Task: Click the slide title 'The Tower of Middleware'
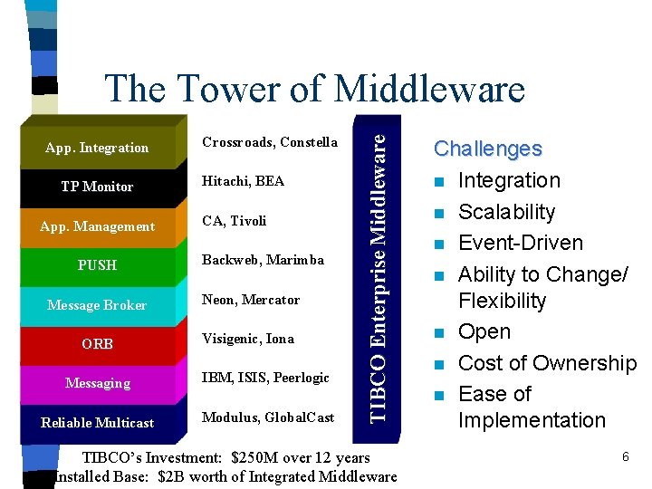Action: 314,89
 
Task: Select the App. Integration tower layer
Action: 98,148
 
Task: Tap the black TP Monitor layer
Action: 97,187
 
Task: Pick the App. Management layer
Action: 98,226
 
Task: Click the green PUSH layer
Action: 98,265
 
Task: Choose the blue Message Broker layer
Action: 97,305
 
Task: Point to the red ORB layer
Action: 98,344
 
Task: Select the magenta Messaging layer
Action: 98,383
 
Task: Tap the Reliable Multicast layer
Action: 98,423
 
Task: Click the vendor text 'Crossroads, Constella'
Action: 269,142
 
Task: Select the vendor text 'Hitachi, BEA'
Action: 243,181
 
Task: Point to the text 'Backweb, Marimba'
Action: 263,260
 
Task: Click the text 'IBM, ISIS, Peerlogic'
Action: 265,377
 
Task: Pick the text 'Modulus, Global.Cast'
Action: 268,417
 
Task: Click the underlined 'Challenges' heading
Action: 487,149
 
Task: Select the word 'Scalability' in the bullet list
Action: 506,212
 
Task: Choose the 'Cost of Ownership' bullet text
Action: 546,363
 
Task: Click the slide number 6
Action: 625,457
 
